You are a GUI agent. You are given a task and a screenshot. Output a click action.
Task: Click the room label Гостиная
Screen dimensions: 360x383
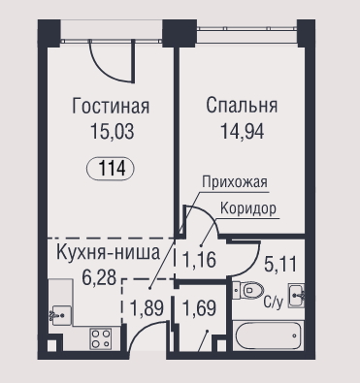point(111,107)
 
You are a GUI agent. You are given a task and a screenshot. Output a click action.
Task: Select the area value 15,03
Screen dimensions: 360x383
point(112,131)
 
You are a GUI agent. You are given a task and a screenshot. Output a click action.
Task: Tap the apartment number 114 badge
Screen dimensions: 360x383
point(111,169)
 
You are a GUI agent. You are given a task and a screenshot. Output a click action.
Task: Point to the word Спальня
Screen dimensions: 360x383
point(242,106)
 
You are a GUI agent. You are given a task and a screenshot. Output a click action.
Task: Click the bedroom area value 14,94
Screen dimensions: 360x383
point(242,131)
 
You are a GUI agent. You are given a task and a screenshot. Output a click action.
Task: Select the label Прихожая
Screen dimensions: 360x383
point(235,181)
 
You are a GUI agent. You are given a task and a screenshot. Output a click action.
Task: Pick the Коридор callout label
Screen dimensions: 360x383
point(248,208)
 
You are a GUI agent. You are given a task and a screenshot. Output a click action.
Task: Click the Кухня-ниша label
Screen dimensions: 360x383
point(108,252)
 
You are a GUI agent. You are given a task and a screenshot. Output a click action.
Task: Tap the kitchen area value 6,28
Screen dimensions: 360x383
point(99,277)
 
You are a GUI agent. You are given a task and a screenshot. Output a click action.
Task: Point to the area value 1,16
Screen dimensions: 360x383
point(199,260)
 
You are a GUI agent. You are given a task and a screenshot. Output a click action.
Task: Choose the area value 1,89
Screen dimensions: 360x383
point(147,307)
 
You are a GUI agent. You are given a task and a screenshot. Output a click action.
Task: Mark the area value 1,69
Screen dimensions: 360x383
point(199,307)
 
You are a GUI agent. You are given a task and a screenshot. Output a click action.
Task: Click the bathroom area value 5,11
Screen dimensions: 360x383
point(280,265)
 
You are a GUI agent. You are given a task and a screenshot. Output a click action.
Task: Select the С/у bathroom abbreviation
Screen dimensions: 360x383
point(274,303)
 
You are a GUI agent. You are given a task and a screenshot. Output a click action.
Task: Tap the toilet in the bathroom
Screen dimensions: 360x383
point(248,290)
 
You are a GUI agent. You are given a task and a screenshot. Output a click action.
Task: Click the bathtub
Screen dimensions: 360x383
point(268,335)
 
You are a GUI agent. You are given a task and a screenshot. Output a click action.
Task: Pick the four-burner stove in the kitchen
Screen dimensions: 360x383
point(101,338)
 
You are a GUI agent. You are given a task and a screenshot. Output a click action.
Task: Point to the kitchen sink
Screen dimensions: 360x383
point(60,315)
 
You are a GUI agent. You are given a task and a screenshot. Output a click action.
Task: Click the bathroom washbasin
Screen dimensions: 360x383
point(296,296)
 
